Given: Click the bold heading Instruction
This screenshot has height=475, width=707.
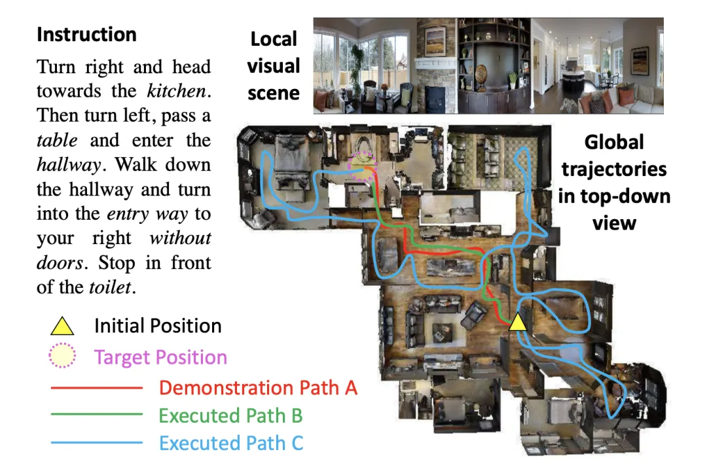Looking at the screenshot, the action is coord(86,35).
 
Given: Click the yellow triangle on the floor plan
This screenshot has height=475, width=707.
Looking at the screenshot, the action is coord(518,322).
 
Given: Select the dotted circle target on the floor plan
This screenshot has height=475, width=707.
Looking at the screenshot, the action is coord(363,166).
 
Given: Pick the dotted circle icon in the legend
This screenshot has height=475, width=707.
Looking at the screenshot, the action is coord(63,357).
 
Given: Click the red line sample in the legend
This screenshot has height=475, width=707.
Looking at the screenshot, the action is coord(97,388).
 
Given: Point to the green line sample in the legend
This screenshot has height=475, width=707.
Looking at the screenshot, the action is coord(97,415).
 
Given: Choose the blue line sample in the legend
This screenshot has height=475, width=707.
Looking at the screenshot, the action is coord(97,443).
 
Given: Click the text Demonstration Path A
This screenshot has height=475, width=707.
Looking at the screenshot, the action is coord(258,387).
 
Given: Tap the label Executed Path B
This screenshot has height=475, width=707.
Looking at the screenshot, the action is coord(230,415).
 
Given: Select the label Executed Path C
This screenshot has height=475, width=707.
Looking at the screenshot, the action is coord(231,443).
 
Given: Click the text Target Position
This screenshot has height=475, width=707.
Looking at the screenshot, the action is coord(160,357).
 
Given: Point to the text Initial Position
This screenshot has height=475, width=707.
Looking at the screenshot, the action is coord(158,326).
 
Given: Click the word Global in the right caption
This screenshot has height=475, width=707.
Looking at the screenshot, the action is coord(614,142).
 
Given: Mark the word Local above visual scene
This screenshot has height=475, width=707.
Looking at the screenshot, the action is coord(274,39).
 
